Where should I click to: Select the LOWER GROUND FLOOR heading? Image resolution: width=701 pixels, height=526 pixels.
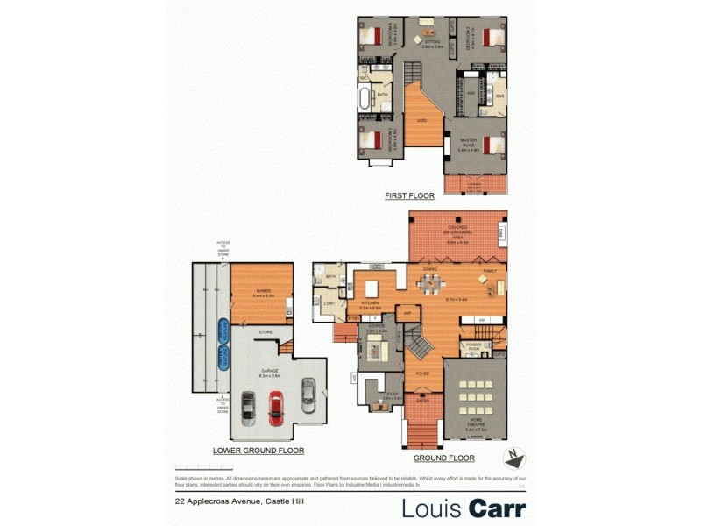(x=258, y=451)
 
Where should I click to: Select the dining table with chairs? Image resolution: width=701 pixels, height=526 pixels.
(x=429, y=283)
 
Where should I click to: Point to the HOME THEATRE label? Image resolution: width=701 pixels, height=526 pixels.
(x=474, y=427)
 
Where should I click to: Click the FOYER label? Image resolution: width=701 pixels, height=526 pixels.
(x=422, y=373)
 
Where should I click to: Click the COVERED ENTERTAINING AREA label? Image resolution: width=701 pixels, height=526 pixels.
(x=457, y=232)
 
